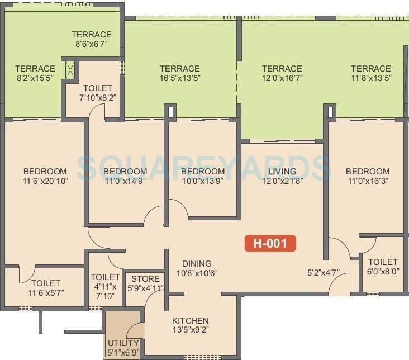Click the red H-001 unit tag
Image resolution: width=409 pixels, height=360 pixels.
pos(270,244)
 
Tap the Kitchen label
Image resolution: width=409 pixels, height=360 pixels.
pos(190,321)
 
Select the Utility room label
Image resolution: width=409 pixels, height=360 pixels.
pos(124,343)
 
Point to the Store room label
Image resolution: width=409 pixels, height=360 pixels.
pos(145,278)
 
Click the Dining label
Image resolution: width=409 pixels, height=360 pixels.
pos(197,264)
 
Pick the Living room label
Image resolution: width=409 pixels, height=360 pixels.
pos(282,171)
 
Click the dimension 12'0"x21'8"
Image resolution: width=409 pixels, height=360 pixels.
pos(282,181)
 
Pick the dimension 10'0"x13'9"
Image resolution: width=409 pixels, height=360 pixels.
pos(203,181)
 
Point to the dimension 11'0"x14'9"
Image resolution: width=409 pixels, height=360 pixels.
pos(125,181)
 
